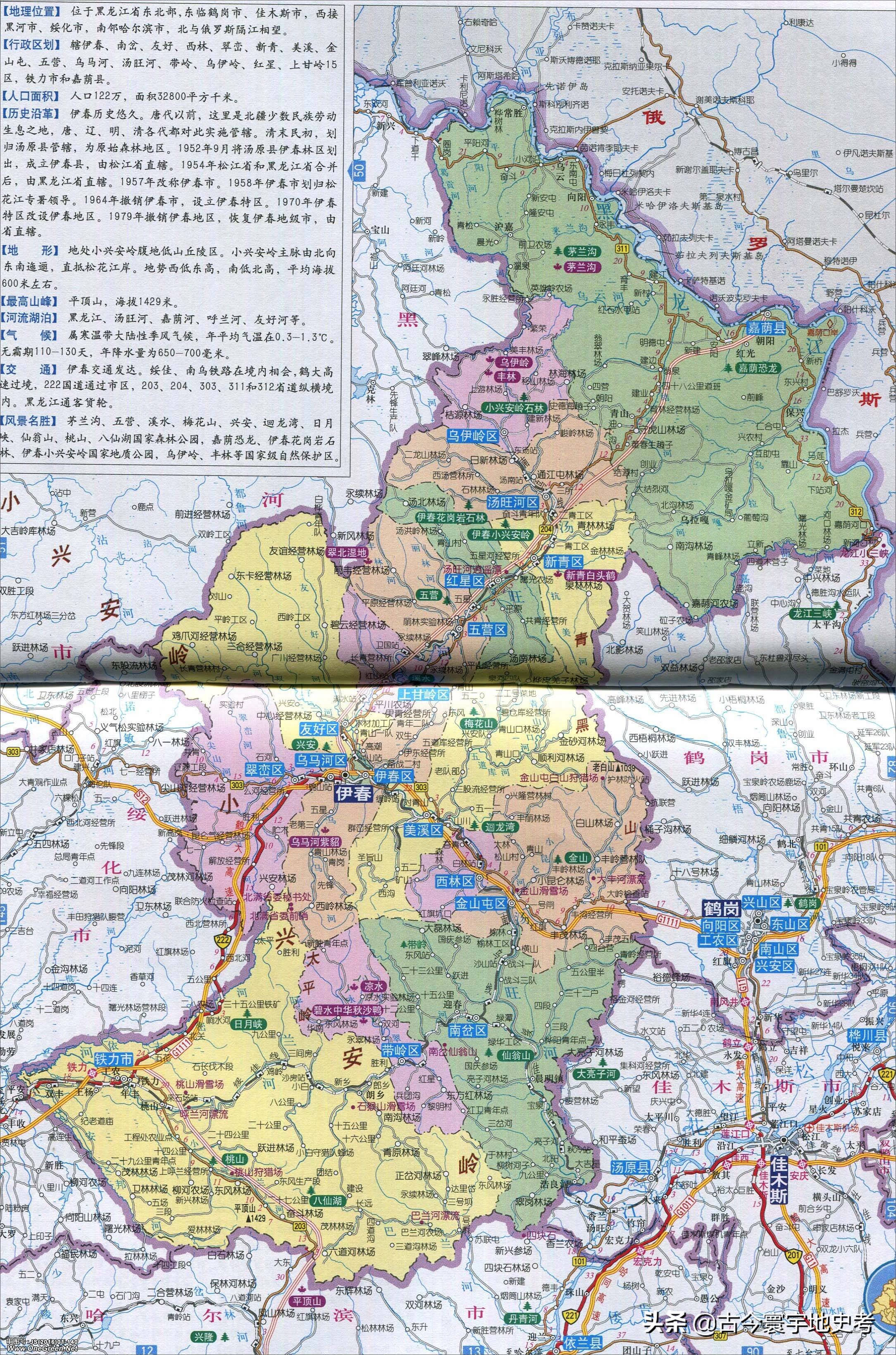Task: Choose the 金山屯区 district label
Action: pyautogui.click(x=481, y=904)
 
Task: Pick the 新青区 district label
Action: pyautogui.click(x=563, y=562)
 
